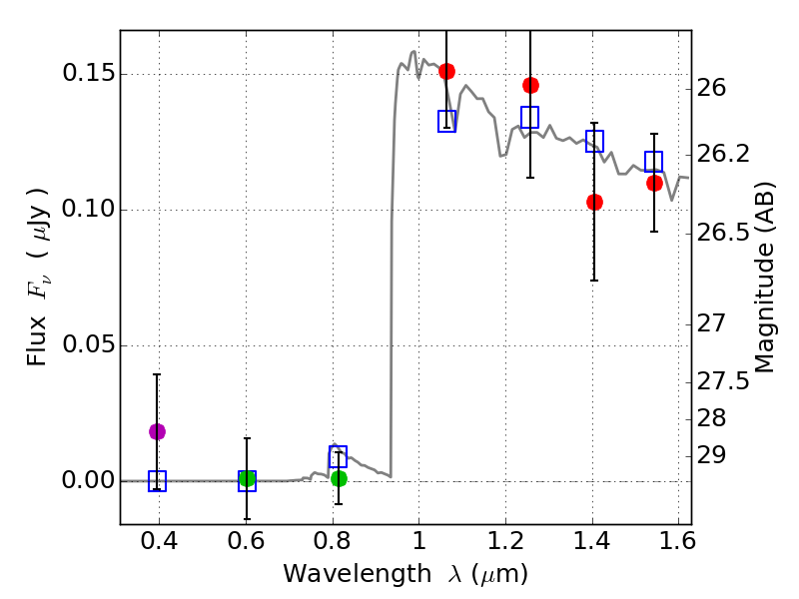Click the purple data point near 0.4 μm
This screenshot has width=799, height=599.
157,431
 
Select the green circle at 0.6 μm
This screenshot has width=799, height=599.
247,479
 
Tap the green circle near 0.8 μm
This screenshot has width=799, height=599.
339,478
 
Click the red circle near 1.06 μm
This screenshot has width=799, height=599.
446,71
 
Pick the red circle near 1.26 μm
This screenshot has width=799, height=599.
530,85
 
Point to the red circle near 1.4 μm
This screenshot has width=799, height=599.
594,202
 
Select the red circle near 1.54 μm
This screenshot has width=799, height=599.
654,183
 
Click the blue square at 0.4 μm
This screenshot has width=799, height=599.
157,481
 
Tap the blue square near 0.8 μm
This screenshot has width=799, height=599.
338,457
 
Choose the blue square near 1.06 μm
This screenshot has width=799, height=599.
446,121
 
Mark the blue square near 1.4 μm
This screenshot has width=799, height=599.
594,142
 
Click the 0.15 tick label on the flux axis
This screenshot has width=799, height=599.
88,75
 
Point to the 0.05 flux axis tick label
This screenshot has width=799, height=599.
88,346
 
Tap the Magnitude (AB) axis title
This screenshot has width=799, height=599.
765,278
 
